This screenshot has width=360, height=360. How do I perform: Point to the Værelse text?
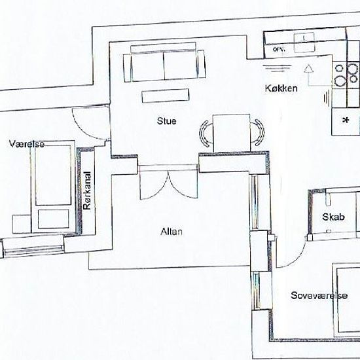coord(27,143)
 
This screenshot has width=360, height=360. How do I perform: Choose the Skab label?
coord(334,217)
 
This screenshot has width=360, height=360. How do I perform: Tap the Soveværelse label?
coord(318,296)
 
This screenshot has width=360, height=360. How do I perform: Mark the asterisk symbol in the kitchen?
coord(345,120)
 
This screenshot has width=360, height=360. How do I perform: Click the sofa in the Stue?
coord(164,65)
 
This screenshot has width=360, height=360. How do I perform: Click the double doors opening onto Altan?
coord(168,186)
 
